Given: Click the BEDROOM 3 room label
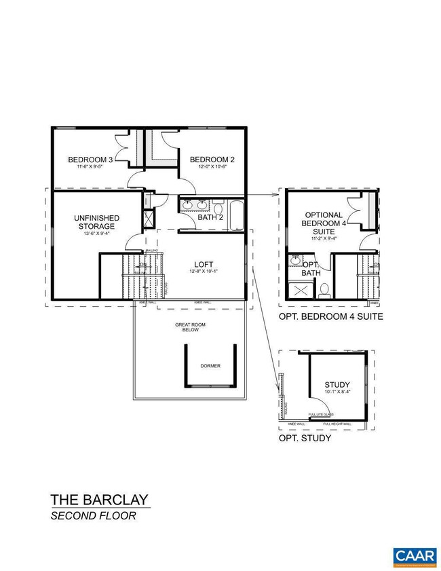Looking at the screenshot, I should tap(90, 160).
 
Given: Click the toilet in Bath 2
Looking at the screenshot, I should tap(218, 203).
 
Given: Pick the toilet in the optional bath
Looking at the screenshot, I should tap(324, 289).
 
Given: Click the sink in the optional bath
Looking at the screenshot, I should tap(295, 261).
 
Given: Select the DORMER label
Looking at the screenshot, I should tap(210, 366).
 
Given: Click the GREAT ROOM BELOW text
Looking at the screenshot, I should tap(190, 329).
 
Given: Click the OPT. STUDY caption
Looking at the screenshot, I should tap(305, 438).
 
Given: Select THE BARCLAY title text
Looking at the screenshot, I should tap(98, 500).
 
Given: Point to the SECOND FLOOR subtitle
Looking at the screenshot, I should tap(93, 516).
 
